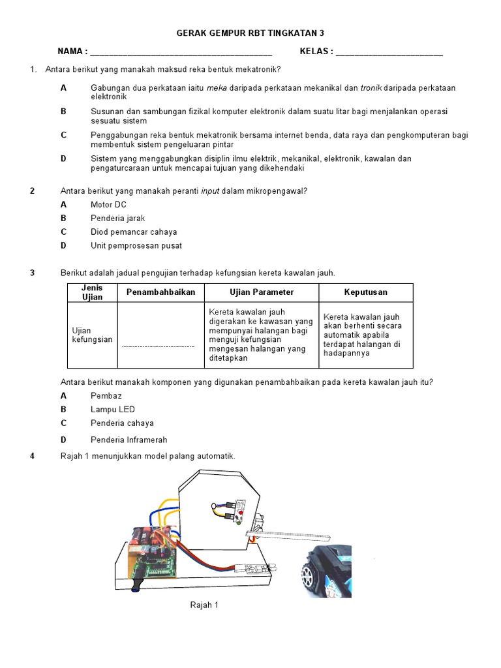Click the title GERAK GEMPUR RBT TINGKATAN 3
(x=250, y=33)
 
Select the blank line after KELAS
(x=389, y=52)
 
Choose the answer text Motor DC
(x=108, y=204)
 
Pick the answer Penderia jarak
(x=117, y=218)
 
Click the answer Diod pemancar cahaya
(x=134, y=232)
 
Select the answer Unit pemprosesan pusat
(x=136, y=246)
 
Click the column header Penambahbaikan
(x=160, y=292)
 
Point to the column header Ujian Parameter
(x=262, y=292)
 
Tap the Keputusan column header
(x=365, y=292)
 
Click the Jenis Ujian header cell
(x=92, y=292)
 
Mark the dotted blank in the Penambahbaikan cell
(x=159, y=346)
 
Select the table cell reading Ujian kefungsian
(x=92, y=335)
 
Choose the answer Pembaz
(x=106, y=395)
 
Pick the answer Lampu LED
(x=113, y=409)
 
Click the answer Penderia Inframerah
(x=129, y=440)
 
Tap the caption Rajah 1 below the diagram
(x=204, y=605)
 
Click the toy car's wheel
(x=309, y=577)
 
